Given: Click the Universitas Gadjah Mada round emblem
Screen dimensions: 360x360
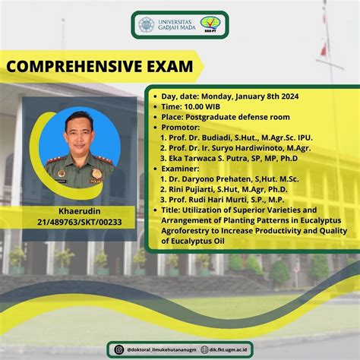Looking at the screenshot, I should coord(146,24).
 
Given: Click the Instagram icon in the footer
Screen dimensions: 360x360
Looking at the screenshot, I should coord(118,349).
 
